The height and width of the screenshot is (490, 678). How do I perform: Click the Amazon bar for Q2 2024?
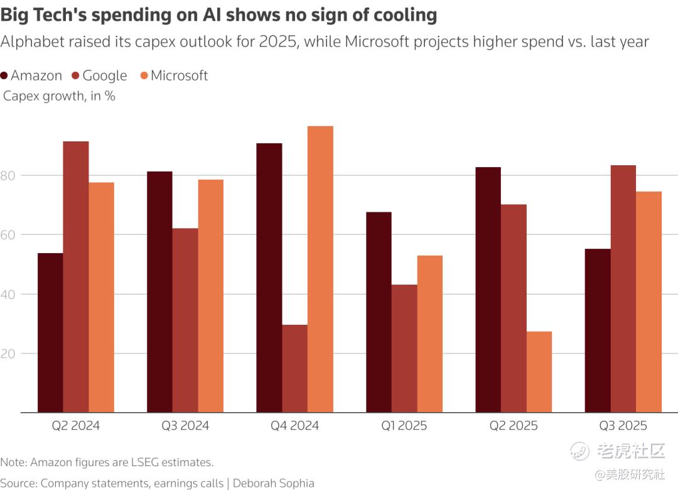tap(50, 333)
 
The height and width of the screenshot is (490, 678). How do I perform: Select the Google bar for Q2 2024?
tap(76, 277)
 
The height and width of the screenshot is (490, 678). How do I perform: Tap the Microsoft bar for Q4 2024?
tap(320, 269)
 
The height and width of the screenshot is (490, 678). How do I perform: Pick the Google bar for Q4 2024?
tap(294, 369)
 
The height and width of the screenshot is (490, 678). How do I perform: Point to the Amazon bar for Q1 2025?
tap(379, 312)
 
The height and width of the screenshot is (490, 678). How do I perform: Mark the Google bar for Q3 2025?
tap(623, 289)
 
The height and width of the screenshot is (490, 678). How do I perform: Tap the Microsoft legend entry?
tap(174, 76)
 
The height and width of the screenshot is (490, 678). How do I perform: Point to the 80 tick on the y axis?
tap(8, 175)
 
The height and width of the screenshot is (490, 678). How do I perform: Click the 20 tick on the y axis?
tap(8, 354)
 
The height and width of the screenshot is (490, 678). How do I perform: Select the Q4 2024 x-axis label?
tap(294, 426)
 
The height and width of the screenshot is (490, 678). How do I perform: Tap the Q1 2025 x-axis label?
tap(404, 426)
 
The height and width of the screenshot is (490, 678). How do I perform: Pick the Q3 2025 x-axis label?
tap(623, 426)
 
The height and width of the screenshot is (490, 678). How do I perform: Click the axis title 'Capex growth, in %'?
tap(59, 96)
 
